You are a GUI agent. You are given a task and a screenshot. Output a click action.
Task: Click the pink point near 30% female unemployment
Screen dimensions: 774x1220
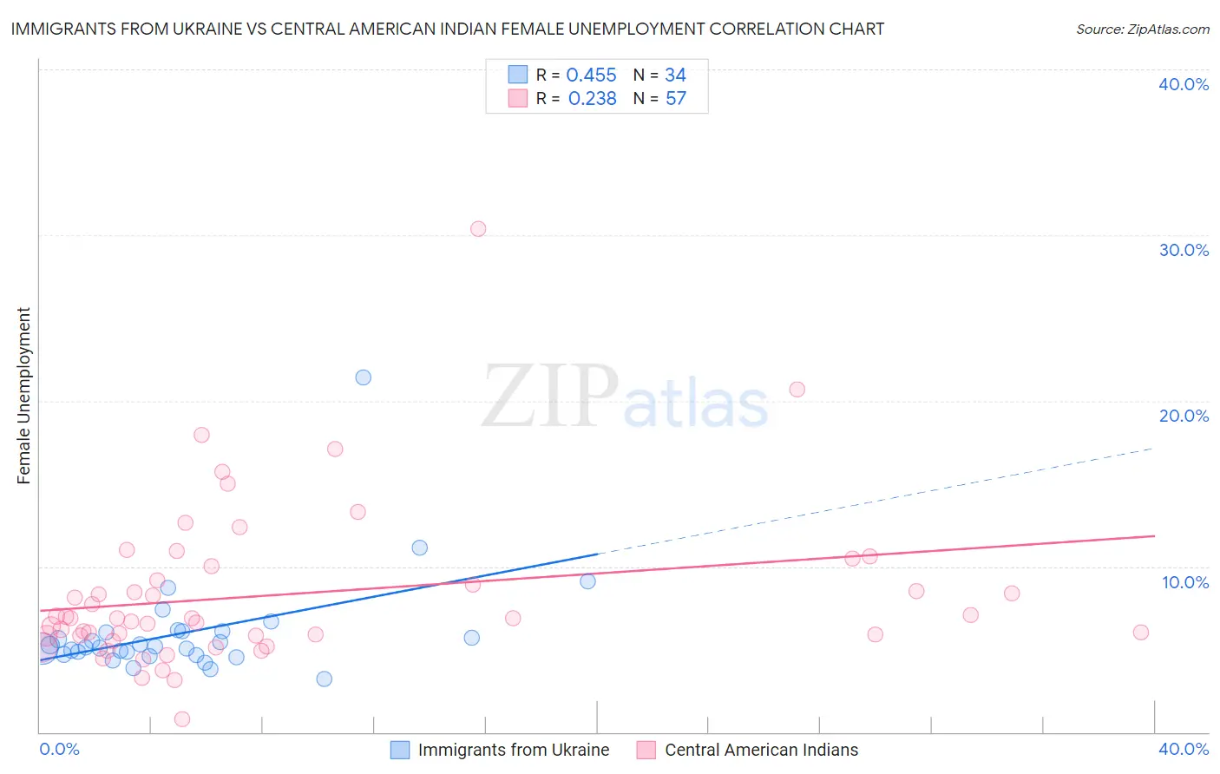478,229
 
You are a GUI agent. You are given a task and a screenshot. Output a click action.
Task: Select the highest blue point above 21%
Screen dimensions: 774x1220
364,377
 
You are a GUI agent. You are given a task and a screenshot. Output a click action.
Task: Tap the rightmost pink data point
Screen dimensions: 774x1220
1141,633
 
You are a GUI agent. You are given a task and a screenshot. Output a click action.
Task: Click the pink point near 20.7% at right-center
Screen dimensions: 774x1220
797,390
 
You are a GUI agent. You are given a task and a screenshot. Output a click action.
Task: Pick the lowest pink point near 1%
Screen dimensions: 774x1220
182,719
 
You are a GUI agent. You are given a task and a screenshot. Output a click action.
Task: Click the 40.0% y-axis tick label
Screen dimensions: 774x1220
1184,84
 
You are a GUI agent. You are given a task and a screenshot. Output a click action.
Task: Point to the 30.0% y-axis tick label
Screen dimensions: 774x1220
1184,250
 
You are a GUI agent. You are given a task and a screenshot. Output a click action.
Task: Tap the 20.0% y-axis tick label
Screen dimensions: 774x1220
1184,416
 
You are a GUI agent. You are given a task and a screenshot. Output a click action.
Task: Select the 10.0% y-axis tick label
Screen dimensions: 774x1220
1185,582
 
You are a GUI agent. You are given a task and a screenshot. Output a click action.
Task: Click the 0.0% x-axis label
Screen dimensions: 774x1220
60,750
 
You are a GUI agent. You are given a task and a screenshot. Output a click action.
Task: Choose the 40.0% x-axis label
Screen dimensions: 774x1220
1184,750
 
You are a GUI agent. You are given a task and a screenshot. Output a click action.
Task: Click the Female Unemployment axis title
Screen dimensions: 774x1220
23,396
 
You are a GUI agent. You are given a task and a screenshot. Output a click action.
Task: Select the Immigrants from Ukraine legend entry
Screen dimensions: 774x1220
513,750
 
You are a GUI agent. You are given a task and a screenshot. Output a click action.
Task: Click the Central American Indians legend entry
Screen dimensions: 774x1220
761,750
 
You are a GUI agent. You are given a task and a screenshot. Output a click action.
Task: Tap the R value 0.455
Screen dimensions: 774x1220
591,75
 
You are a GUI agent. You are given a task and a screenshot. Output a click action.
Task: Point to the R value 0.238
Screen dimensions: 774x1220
592,99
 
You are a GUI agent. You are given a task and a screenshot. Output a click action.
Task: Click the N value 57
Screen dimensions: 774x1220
675,99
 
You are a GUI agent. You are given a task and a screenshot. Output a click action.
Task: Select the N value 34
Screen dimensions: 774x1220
675,75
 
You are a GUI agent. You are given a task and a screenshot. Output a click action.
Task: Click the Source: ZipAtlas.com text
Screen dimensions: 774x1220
1142,30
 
